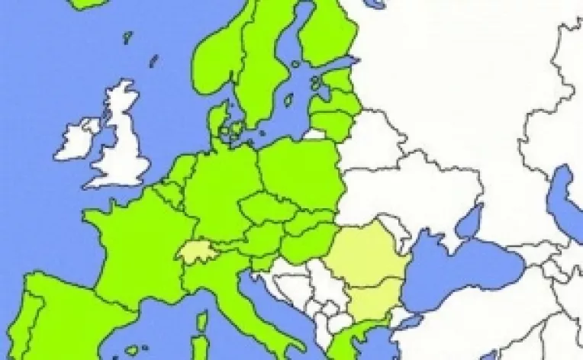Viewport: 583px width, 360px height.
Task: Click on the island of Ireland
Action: click(x=76, y=140)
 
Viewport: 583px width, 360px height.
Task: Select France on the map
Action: click(x=137, y=244)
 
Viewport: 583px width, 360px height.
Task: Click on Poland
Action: click(x=301, y=172)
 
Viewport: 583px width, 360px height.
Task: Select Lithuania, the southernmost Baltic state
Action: click(x=332, y=123)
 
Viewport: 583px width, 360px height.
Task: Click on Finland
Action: click(x=324, y=31)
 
